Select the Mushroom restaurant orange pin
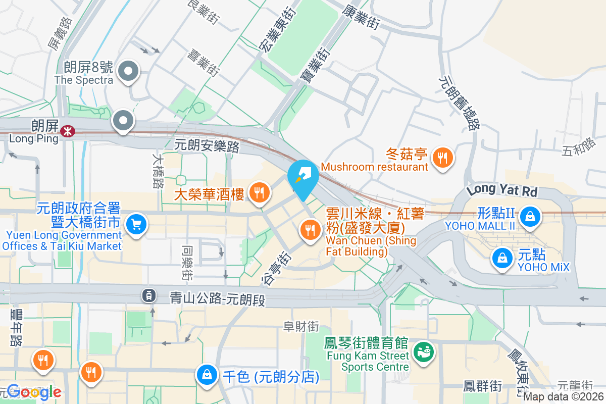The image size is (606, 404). click(x=443, y=157)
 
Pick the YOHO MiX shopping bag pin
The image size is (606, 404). click(x=502, y=258)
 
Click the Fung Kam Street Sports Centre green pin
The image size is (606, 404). click(x=422, y=350)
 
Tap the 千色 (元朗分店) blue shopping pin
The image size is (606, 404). click(x=207, y=375)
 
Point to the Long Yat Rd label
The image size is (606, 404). click(x=502, y=190)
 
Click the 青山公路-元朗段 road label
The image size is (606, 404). click(x=217, y=299)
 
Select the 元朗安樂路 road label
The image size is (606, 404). click(x=207, y=146)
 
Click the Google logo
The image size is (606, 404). click(x=34, y=392)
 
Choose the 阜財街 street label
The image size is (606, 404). click(x=300, y=327)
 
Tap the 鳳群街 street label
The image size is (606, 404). click(x=483, y=386)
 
